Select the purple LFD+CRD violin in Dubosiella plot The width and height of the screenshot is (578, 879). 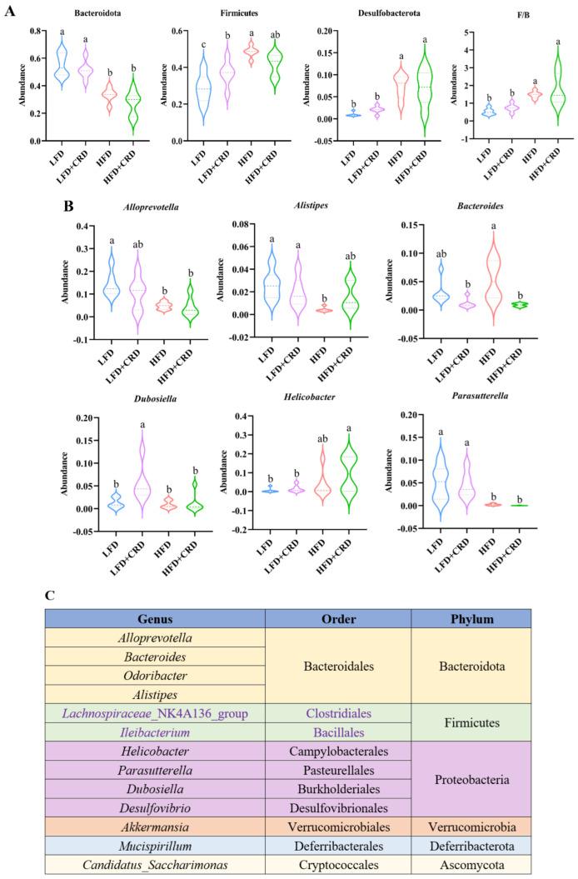click(142, 472)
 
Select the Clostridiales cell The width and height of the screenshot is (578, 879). click(338, 714)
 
